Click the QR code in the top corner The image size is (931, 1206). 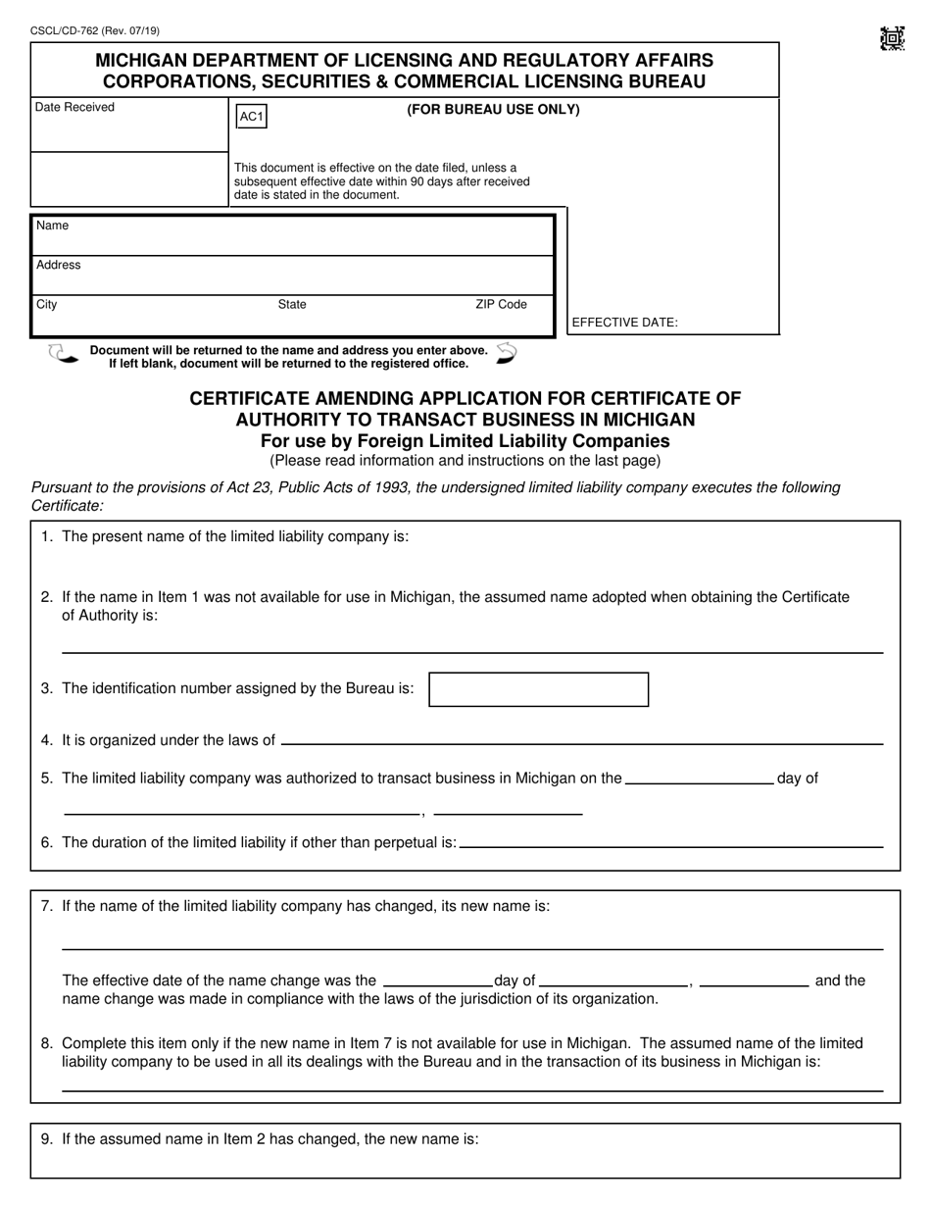coord(892,39)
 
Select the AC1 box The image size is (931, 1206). coord(251,118)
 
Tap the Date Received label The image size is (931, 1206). coord(74,107)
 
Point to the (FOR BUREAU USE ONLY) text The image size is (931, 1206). coord(493,110)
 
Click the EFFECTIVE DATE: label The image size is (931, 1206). coord(624,322)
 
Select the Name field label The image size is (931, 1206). coord(52,226)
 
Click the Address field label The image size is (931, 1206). coord(59,265)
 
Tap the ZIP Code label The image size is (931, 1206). coord(501,304)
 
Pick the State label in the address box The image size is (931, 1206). coord(292,304)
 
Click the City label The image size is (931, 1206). coord(46,304)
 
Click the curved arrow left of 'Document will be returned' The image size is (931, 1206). coord(63,354)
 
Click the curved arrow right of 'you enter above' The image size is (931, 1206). coord(507,353)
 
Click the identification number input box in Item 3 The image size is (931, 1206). coord(539,689)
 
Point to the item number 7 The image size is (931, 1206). coord(46,906)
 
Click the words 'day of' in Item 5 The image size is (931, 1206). coord(797,779)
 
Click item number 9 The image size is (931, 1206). coord(46,1139)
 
